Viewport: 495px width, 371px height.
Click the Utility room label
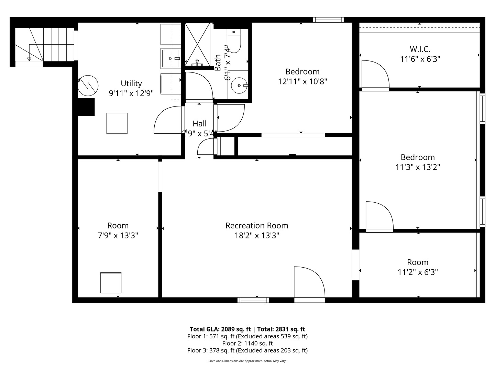[x=131, y=83]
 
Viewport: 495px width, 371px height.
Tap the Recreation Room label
[x=257, y=226]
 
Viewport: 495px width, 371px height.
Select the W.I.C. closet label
[x=420, y=49]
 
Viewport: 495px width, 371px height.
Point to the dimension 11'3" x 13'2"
[x=418, y=167]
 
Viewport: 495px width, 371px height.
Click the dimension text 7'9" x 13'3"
[x=118, y=236]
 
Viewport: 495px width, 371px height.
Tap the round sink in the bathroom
[x=238, y=85]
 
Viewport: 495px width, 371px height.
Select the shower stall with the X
[x=198, y=44]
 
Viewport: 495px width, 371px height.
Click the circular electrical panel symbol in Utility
[x=88, y=85]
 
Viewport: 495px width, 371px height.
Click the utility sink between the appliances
[x=170, y=58]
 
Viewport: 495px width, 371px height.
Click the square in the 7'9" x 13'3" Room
[x=111, y=283]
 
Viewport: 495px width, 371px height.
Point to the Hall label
[x=199, y=124]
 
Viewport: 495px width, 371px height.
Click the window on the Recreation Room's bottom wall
[x=253, y=300]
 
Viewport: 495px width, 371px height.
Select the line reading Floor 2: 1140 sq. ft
[x=247, y=343]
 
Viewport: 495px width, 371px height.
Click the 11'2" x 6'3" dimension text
[x=418, y=272]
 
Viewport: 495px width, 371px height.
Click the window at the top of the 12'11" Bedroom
[x=328, y=20]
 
